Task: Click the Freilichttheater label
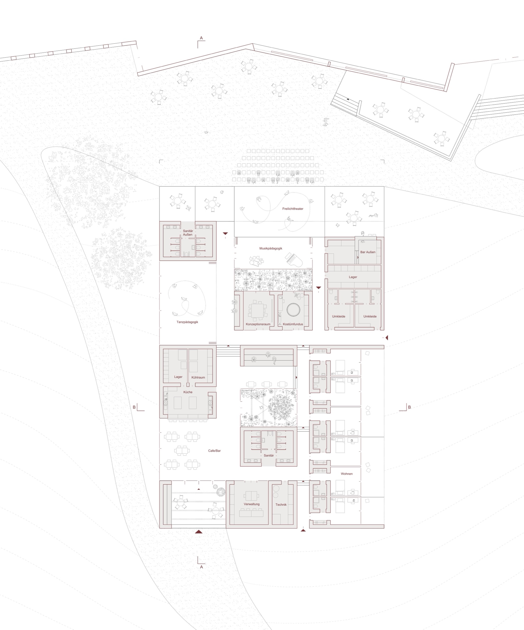293,209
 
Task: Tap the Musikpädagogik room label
271,249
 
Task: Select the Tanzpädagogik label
187,322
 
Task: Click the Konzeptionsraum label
258,324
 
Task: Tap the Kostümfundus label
293,324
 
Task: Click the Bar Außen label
368,252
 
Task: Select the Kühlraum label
198,378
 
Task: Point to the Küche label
188,392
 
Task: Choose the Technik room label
281,505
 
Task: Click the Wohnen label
347,474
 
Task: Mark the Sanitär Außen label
188,233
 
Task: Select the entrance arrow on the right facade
387,338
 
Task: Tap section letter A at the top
202,38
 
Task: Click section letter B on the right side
409,407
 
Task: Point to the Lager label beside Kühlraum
178,377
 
